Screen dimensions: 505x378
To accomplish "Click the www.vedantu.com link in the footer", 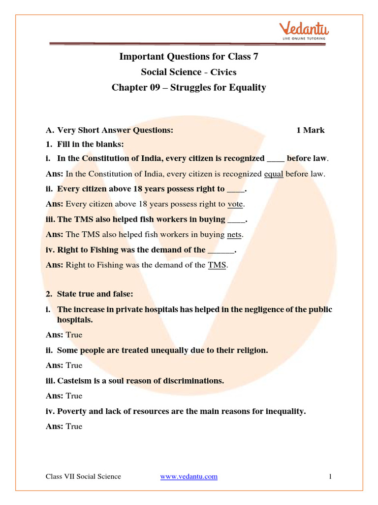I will (189, 476).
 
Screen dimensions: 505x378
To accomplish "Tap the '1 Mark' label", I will (310, 130).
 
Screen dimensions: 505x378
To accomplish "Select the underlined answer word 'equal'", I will (273, 174).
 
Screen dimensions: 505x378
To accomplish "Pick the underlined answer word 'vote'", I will (236, 204).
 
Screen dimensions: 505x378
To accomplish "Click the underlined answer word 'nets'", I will (234, 234).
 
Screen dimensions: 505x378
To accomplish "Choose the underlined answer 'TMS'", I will (217, 265).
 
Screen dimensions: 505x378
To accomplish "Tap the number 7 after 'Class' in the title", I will (255, 56).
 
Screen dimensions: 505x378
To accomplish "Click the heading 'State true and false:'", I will (95, 294).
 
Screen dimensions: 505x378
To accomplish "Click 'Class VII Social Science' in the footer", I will (83, 476).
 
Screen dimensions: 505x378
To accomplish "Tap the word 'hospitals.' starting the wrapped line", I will (75, 320).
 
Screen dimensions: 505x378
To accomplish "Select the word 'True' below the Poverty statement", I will (74, 426).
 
